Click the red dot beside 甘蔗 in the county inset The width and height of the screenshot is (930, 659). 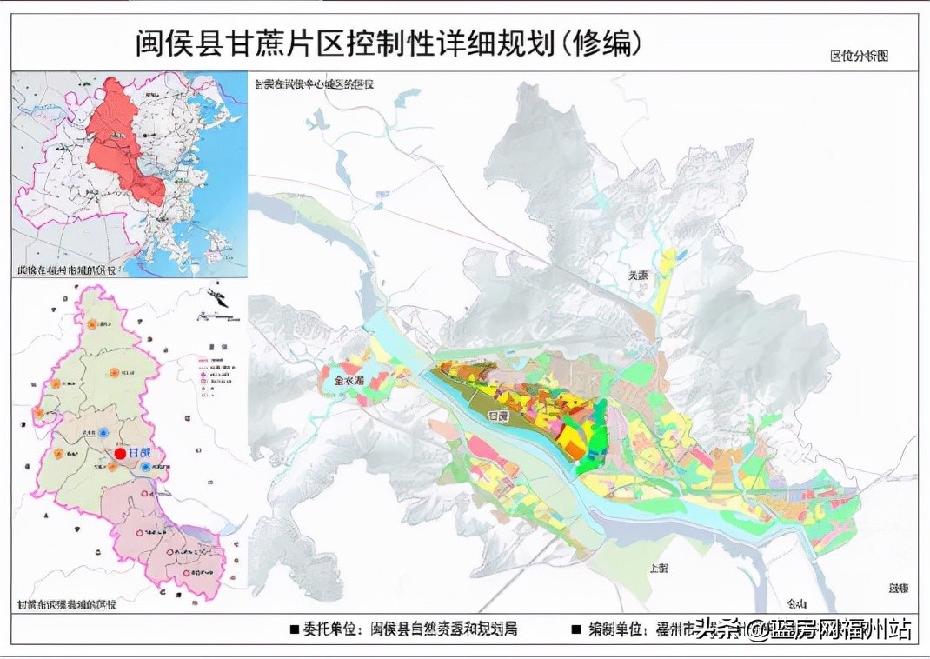[x=120, y=454]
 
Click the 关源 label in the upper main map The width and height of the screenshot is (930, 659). [x=639, y=275]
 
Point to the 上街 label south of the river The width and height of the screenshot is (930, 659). [x=659, y=568]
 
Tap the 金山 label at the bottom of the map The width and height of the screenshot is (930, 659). [x=796, y=603]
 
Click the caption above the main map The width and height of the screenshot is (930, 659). [x=313, y=84]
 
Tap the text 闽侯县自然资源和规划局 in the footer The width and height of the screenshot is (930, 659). [x=444, y=629]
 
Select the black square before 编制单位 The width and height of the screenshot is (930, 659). [x=576, y=629]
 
